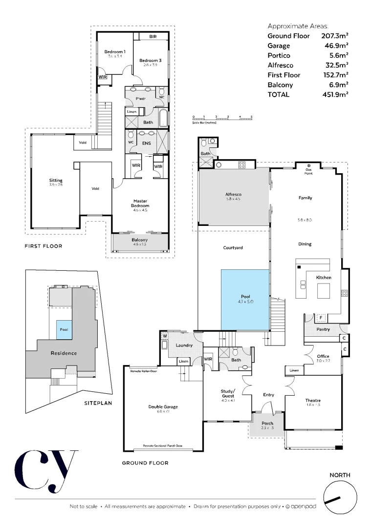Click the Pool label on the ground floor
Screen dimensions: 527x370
point(245,296)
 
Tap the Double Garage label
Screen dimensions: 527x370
point(163,406)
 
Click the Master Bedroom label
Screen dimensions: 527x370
point(140,203)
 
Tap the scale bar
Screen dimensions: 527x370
point(222,118)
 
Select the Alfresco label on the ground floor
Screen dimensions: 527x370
point(234,195)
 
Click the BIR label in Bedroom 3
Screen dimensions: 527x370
point(152,37)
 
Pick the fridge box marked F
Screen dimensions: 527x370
point(321,318)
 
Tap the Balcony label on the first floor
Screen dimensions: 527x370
point(140,240)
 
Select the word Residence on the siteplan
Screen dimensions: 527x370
point(64,353)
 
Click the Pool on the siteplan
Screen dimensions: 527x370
point(64,329)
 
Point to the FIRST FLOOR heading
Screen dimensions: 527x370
point(44,246)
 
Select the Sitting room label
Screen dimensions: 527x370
point(56,181)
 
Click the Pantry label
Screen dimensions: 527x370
point(323,329)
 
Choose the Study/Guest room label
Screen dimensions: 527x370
point(228,393)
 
